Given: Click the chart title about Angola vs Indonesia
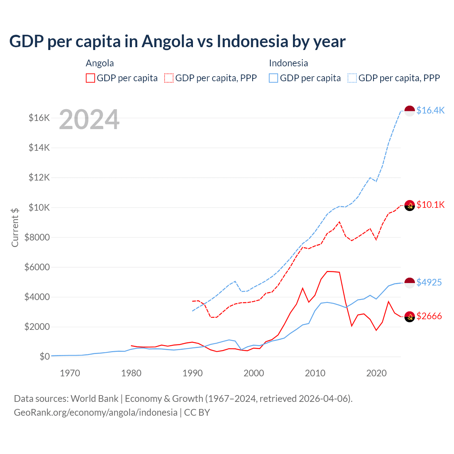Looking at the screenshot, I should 177,41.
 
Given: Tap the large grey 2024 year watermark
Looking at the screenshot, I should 89,120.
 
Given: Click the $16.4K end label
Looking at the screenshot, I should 430,110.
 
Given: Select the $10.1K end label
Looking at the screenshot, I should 430,205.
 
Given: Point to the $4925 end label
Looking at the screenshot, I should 429,282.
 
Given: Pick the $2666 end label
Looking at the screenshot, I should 429,316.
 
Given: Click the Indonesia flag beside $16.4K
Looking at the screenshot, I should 410,111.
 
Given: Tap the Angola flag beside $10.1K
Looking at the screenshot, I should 410,205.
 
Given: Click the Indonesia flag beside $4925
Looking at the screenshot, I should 410,283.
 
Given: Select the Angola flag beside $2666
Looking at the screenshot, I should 410,316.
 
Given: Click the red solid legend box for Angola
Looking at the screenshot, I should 90,78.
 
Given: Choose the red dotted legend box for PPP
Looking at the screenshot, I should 169,78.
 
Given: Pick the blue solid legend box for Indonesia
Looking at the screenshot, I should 273,78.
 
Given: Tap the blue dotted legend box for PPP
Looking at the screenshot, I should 352,78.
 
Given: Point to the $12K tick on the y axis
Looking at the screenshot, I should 39,177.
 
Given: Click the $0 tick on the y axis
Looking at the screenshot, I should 44,356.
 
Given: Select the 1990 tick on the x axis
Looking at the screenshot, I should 193,373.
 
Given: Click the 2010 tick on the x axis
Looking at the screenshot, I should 315,373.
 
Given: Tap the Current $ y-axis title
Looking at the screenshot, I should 15,227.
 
